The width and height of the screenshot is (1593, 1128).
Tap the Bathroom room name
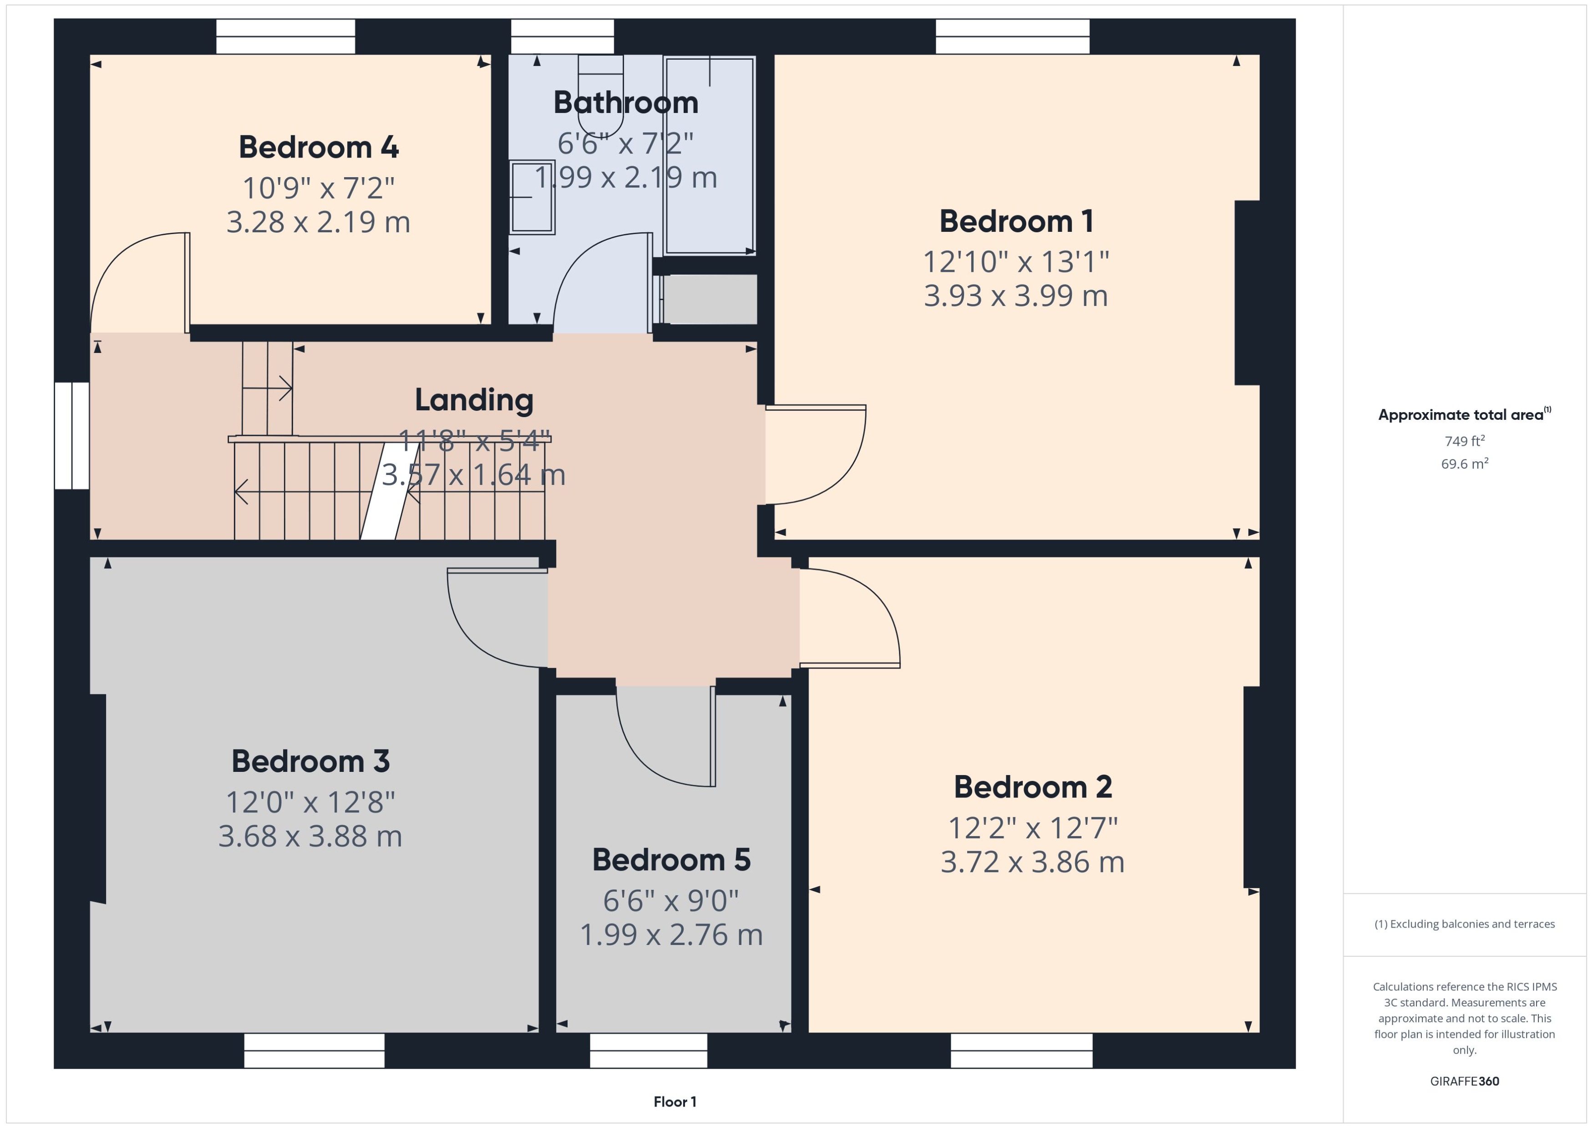625,103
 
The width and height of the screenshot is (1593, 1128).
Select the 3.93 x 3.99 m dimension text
1015,296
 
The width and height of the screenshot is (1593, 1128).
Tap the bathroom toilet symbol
600,97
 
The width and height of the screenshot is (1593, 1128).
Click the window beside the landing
71,435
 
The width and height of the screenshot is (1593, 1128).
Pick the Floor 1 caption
674,1102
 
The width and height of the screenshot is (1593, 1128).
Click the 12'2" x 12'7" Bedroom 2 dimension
1032,828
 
